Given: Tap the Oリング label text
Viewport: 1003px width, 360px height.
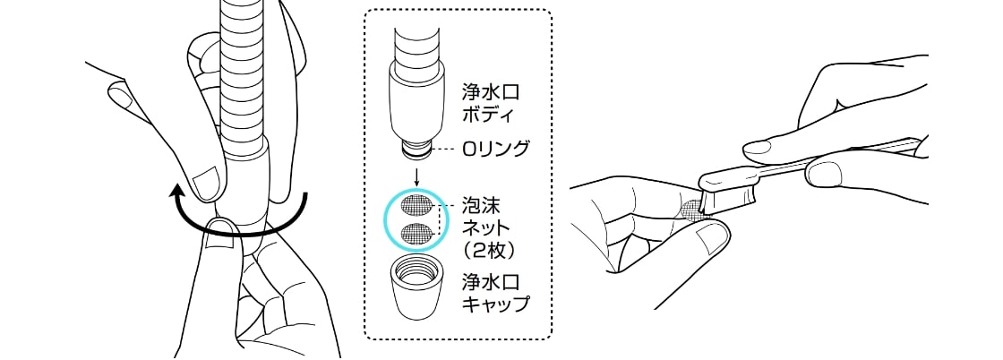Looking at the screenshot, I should [x=495, y=149].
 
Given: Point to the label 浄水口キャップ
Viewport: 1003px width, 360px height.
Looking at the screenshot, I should [x=493, y=293].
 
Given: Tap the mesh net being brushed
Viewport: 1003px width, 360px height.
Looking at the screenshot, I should [x=691, y=210].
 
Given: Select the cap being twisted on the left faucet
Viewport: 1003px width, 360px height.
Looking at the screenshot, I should [x=246, y=193].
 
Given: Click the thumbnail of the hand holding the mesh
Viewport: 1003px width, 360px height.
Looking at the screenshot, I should [x=714, y=236].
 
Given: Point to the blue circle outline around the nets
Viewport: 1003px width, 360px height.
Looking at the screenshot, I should [x=385, y=219].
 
